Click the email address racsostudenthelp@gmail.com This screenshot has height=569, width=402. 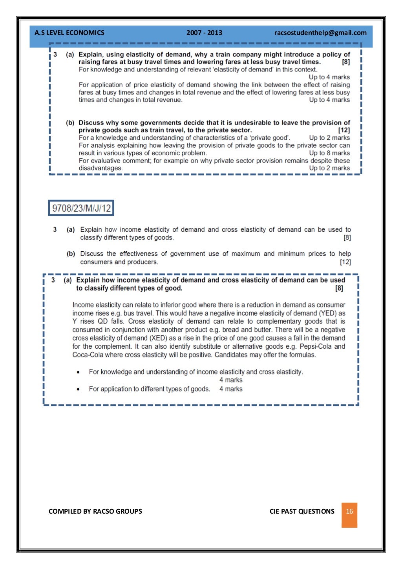click(320, 33)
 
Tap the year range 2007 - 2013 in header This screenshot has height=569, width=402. click(204, 33)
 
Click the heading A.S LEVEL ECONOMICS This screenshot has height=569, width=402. click(69, 33)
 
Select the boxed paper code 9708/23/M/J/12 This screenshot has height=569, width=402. click(81, 208)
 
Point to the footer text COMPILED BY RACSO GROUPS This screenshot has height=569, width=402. click(95, 511)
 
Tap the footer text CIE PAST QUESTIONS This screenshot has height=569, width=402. click(302, 511)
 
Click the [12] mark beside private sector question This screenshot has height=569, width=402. click(344, 130)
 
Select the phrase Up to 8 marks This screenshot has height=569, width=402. click(329, 153)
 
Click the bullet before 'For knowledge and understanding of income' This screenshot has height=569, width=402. click(79, 372)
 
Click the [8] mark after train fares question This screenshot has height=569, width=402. click(346, 62)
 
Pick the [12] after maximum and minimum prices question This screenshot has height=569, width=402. click(345, 262)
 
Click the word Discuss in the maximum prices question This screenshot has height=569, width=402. click(92, 254)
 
